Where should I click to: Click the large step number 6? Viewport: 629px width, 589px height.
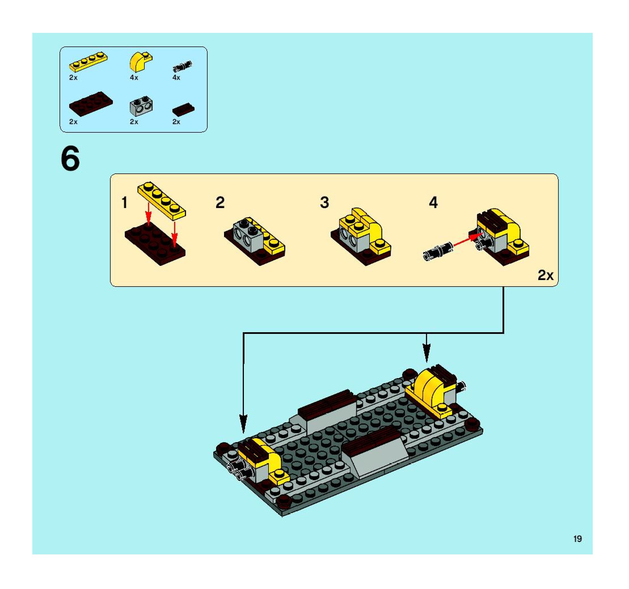tap(70, 159)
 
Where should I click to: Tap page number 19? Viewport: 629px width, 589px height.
tap(577, 539)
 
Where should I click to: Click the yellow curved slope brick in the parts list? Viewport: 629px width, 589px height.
tap(140, 62)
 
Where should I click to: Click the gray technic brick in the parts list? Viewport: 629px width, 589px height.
tap(141, 105)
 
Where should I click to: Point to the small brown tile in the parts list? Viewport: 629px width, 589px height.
tap(183, 109)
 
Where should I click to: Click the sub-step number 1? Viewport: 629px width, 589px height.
tap(125, 203)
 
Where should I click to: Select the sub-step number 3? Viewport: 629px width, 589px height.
tap(325, 202)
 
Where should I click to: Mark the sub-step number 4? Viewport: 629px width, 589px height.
tap(433, 202)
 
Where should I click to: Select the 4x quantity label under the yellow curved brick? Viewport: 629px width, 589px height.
tap(134, 78)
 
